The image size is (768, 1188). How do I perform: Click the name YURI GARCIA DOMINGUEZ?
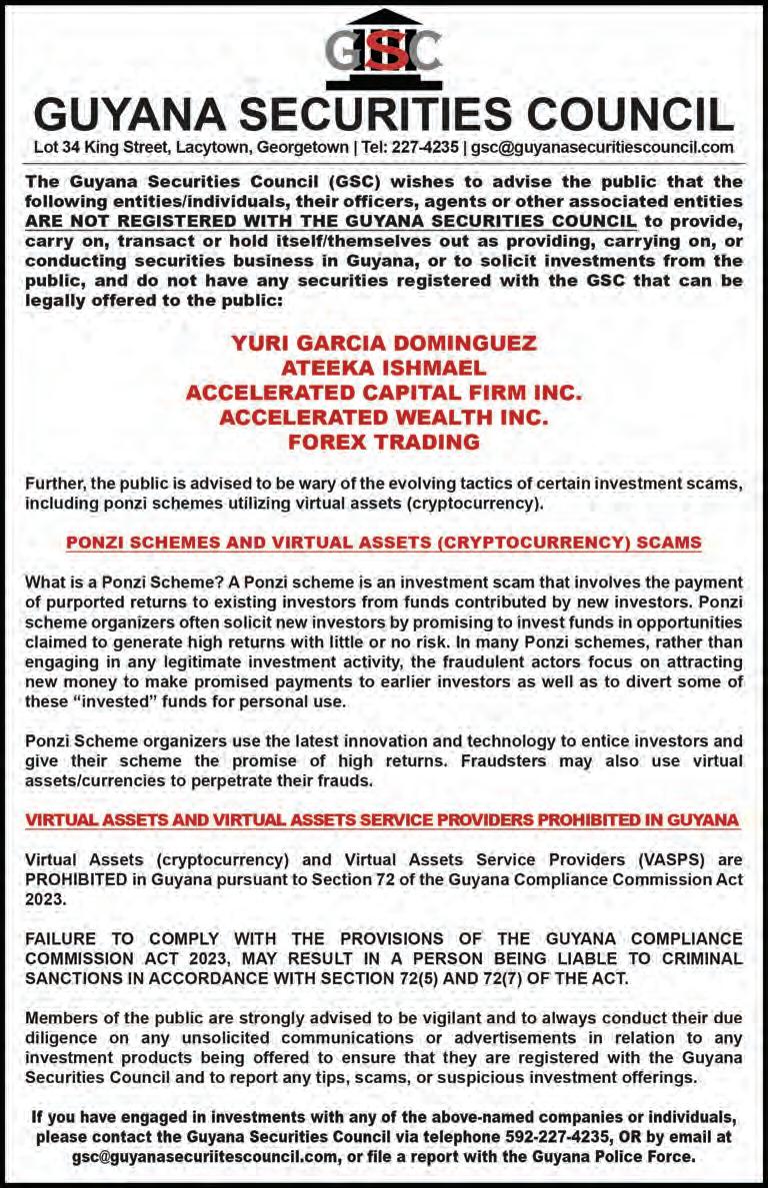point(384,344)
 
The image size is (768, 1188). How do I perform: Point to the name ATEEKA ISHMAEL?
point(384,368)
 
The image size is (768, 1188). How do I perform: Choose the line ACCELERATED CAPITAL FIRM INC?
point(384,392)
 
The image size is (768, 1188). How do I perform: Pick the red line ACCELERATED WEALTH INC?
point(384,416)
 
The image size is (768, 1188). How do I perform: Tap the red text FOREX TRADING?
point(384,441)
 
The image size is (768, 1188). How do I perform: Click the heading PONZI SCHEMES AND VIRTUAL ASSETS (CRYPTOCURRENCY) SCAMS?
point(384,544)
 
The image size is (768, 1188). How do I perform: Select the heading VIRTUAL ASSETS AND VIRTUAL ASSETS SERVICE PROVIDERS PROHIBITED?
point(383,820)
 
